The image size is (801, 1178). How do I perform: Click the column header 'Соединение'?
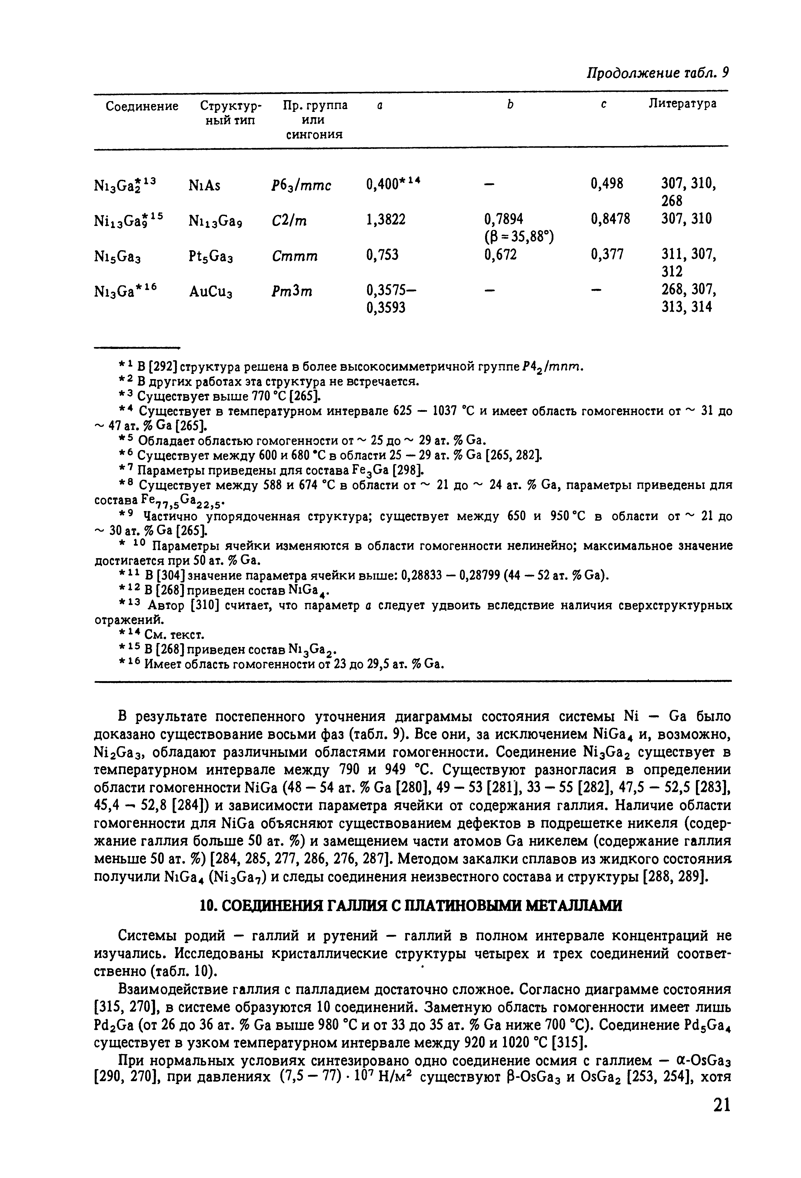pos(142,106)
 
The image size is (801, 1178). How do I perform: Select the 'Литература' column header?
pos(682,104)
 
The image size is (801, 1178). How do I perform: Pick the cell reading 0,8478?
pos(610,219)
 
